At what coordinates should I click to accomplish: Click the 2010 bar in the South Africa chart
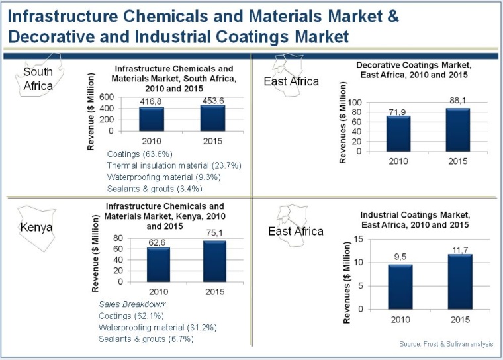click(152, 118)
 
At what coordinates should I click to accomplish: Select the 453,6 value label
click(195, 99)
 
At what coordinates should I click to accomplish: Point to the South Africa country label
click(38, 79)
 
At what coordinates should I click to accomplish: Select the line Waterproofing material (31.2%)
click(157, 327)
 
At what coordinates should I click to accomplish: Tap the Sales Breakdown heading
click(125, 304)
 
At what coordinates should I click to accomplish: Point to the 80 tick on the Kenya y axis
click(120, 238)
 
